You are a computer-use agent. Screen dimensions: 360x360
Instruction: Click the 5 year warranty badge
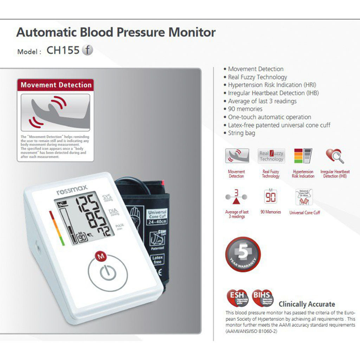pyautogui.click(x=243, y=254)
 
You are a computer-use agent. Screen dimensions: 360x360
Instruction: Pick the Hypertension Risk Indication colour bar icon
pyautogui.click(x=303, y=156)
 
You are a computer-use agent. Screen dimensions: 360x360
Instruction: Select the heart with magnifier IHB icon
pyautogui.click(x=334, y=156)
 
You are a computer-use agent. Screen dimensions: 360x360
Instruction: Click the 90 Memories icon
pyautogui.click(x=271, y=197)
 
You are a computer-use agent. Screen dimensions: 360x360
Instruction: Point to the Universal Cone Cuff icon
pyautogui.click(x=304, y=197)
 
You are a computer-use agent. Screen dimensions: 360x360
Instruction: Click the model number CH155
pyautogui.click(x=63, y=50)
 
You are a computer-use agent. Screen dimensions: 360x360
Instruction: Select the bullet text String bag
pyautogui.click(x=241, y=133)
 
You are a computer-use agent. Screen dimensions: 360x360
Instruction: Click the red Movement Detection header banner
pyautogui.click(x=56, y=85)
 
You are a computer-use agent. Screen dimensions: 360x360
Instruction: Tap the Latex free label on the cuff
pyautogui.click(x=157, y=260)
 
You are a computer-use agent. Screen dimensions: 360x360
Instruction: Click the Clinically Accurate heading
pyautogui.click(x=307, y=304)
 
